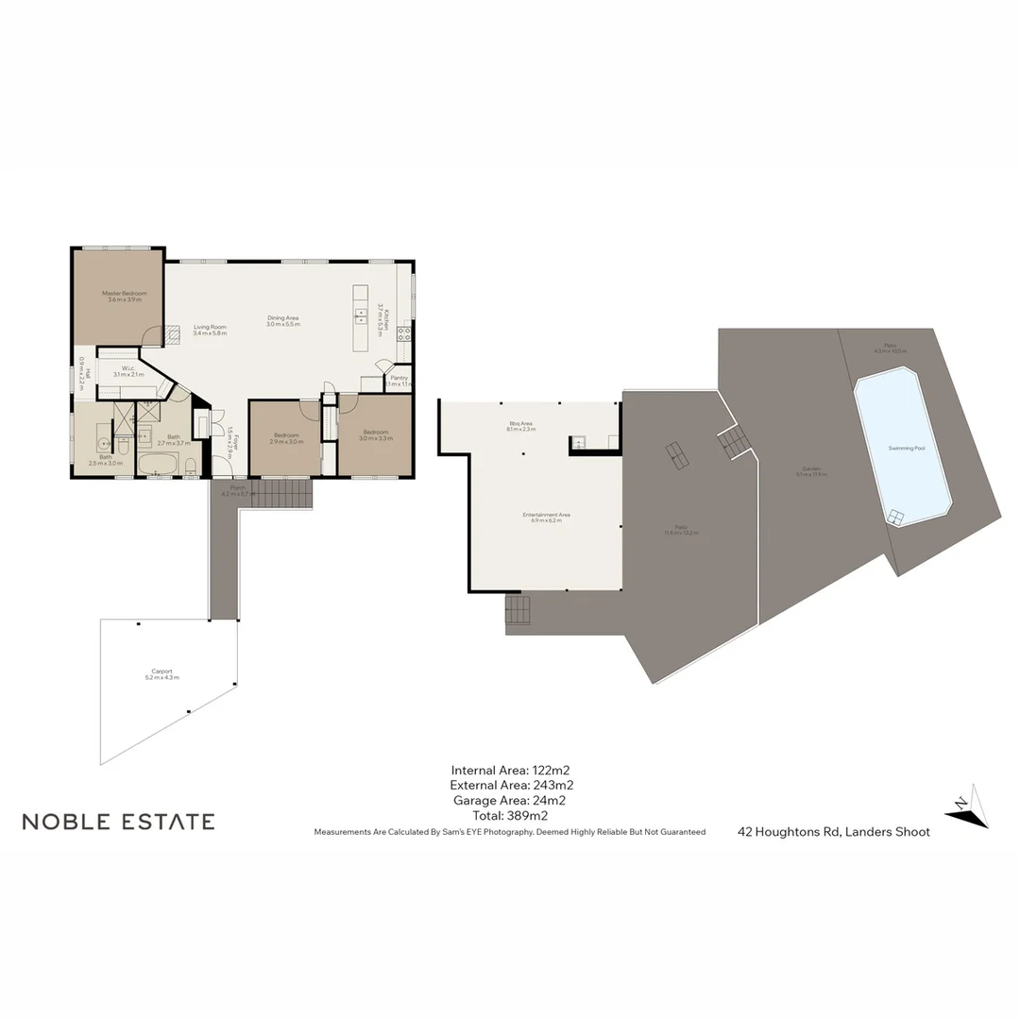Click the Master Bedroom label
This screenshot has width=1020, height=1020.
[x=125, y=294]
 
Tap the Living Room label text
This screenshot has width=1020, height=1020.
[x=210, y=327]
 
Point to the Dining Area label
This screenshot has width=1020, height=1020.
[x=283, y=318]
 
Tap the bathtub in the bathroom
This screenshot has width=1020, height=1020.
[x=158, y=465]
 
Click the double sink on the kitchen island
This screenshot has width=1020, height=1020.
[x=361, y=314]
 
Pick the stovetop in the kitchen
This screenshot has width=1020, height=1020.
[x=404, y=332]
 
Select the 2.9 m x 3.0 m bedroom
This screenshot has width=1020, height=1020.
[x=284, y=438]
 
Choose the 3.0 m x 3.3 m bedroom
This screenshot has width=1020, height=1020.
[x=375, y=434]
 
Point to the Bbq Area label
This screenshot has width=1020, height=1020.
[x=520, y=426]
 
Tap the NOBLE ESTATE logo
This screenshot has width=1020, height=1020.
[x=118, y=822]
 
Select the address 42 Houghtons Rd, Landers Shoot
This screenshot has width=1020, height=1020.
[x=834, y=832]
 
